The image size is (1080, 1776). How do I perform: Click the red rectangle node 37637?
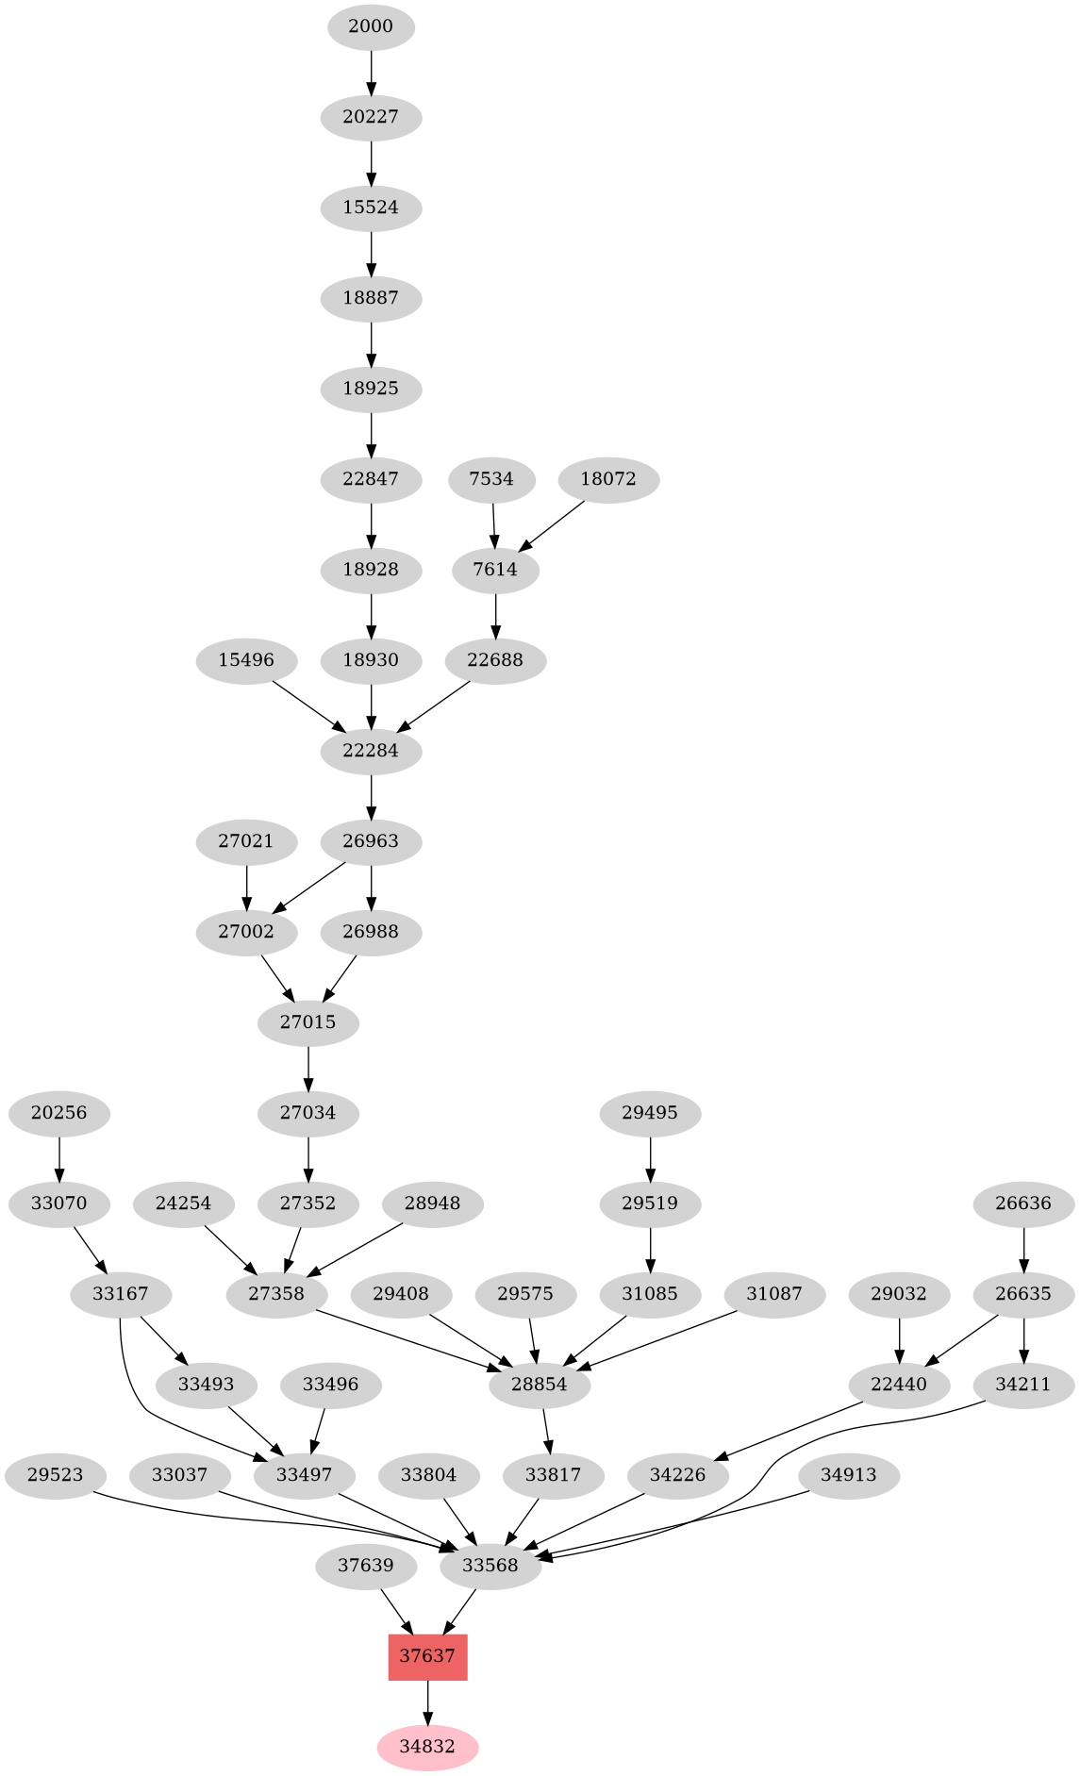(427, 1656)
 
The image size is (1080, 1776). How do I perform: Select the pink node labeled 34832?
(427, 1747)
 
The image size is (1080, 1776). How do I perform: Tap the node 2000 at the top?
(371, 26)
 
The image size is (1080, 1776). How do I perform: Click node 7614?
(495, 570)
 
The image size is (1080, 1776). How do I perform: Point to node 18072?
(608, 479)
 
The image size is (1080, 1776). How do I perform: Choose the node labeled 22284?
(371, 751)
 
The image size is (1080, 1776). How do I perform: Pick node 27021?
(246, 841)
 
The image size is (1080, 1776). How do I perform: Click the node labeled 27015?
(308, 1022)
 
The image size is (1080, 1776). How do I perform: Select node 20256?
(58, 1113)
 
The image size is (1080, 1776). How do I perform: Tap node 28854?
(540, 1385)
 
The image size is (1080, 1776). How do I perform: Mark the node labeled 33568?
(490, 1566)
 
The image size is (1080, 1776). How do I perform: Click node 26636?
(1023, 1203)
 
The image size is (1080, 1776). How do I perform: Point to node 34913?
(849, 1475)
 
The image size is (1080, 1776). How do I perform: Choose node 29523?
(57, 1475)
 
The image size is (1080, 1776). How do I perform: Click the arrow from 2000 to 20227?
(371, 72)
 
